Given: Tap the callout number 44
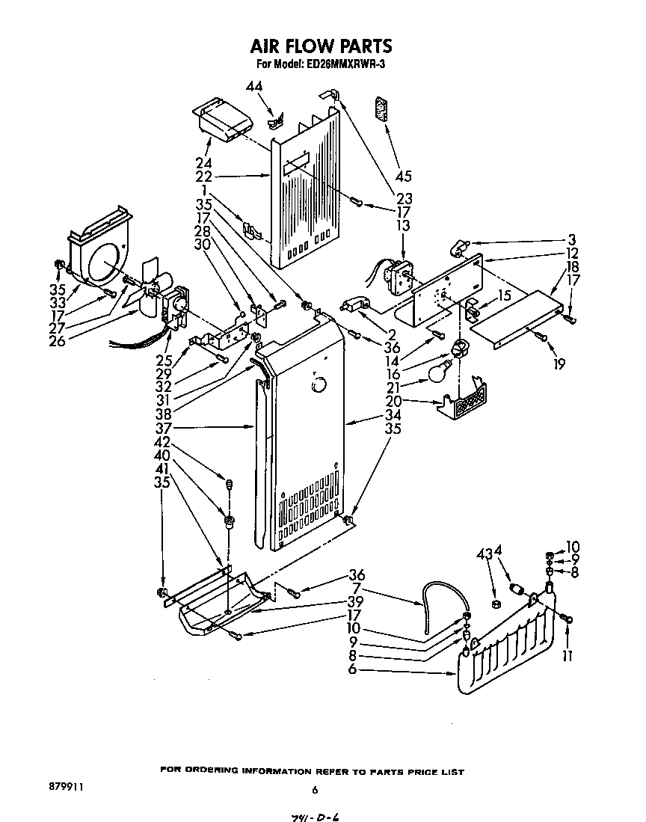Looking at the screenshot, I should [254, 88].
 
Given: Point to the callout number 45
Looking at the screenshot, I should [404, 177].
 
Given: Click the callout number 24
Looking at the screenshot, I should [203, 163].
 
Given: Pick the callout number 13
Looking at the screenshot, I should [403, 226].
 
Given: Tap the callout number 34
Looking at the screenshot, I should [393, 415].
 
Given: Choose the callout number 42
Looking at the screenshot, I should [162, 441].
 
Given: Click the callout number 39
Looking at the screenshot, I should [356, 602].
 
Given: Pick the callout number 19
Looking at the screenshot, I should [559, 364].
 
